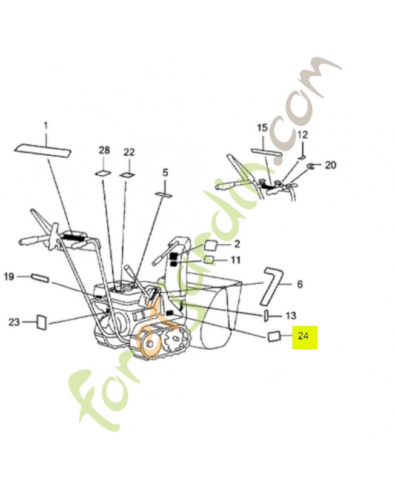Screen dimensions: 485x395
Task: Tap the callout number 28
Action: click(x=104, y=150)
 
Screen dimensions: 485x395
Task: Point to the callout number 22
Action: click(x=129, y=152)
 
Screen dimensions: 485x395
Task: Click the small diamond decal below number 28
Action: click(x=104, y=173)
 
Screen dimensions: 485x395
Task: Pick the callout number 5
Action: click(x=165, y=173)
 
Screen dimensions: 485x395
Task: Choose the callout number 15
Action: click(x=262, y=128)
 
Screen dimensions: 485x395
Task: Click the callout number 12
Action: click(x=302, y=134)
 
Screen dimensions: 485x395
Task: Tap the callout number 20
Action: click(x=330, y=165)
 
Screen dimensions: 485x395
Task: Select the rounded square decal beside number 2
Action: click(x=210, y=245)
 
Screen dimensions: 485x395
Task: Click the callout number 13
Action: click(x=291, y=315)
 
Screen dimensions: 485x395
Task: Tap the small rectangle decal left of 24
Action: click(x=273, y=335)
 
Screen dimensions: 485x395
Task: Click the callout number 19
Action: click(x=9, y=277)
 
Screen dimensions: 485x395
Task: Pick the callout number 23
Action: click(x=14, y=322)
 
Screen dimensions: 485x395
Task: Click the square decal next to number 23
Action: click(x=42, y=321)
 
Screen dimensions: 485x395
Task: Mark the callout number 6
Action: click(x=299, y=284)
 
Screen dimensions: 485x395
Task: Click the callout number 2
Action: click(x=237, y=244)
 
